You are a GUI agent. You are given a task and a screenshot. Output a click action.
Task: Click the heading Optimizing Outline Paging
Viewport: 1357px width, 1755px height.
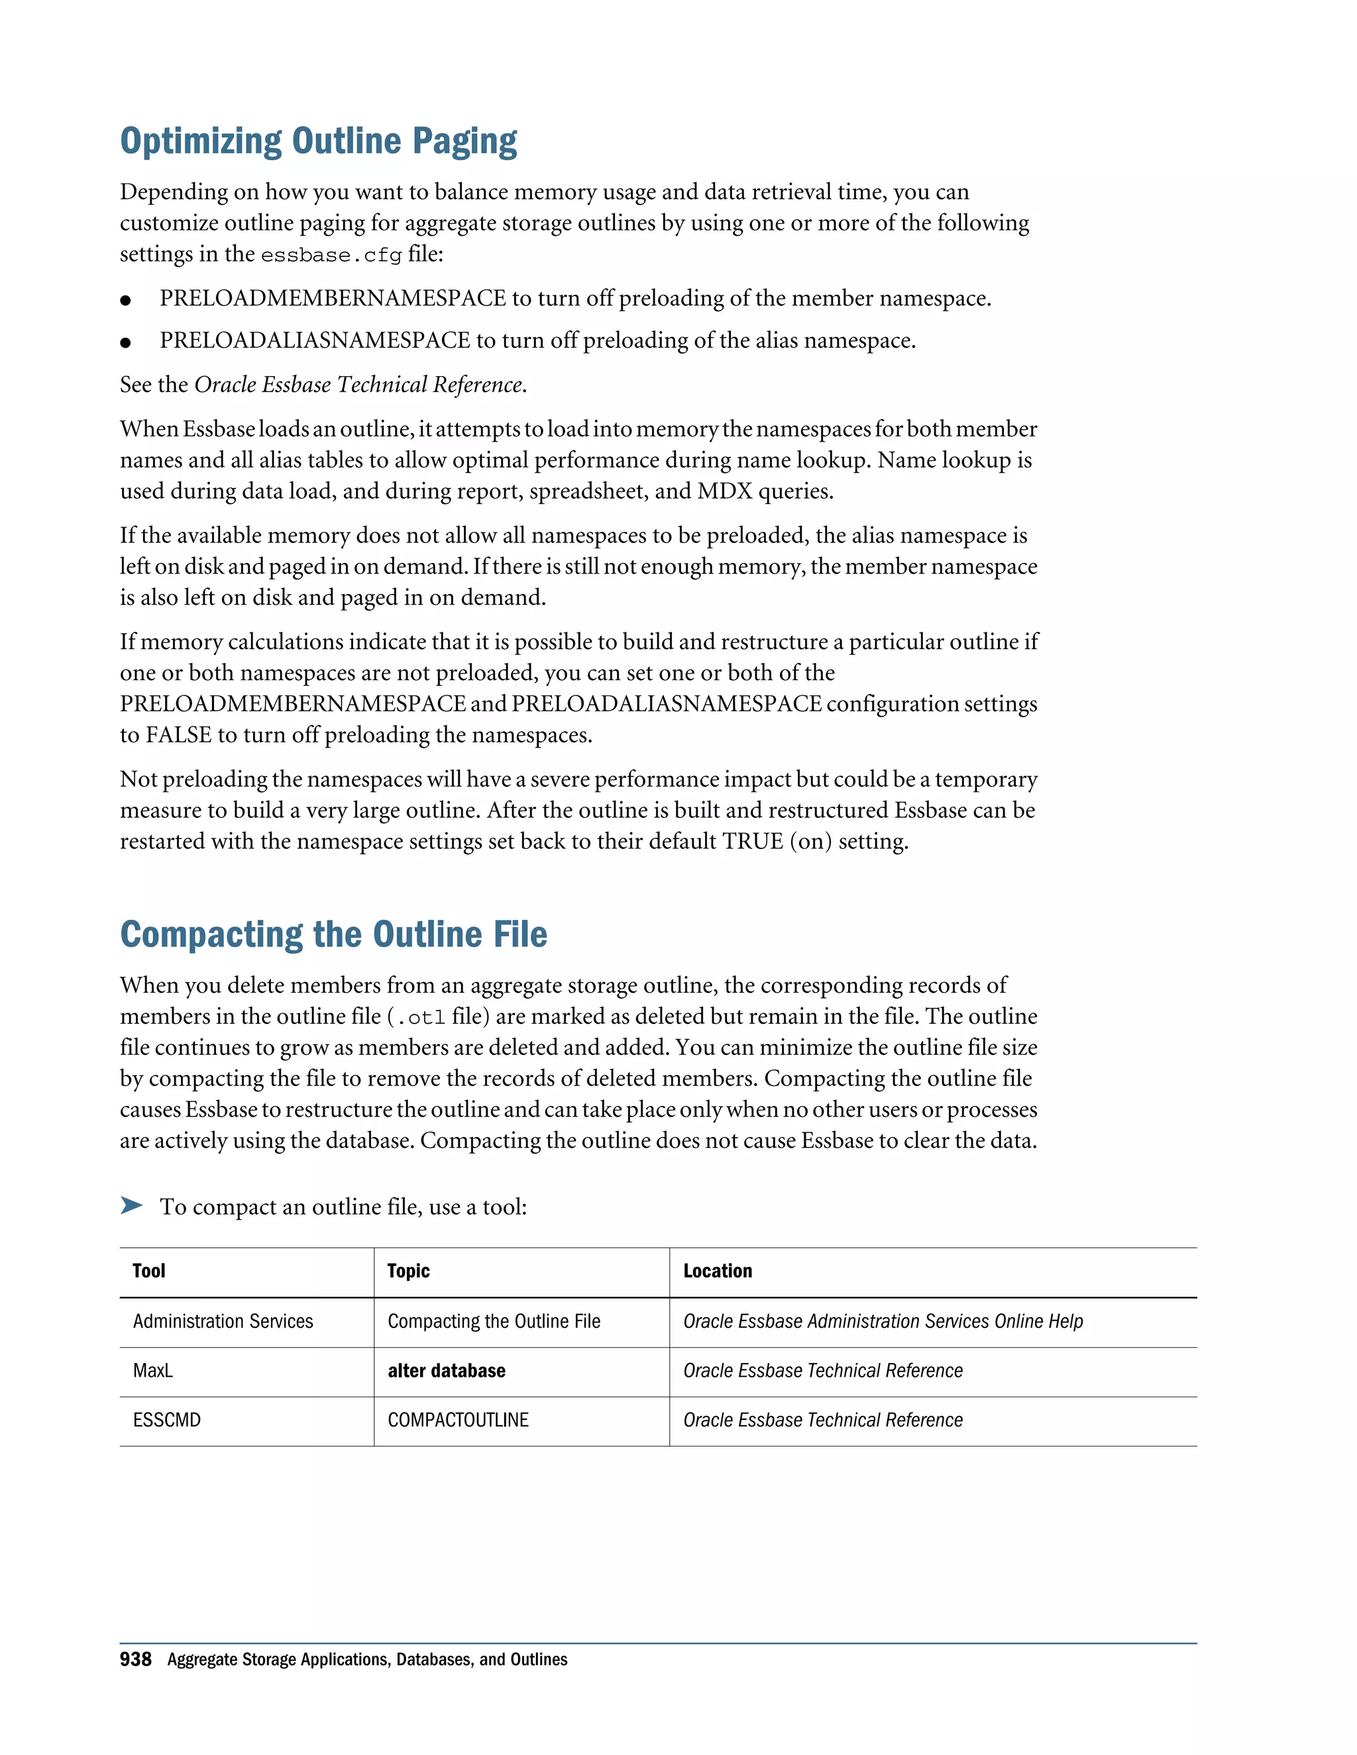(318, 142)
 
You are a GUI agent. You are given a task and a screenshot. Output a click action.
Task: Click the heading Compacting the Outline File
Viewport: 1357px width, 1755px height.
(334, 934)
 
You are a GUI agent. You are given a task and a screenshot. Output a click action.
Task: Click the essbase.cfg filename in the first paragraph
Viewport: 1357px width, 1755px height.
(331, 256)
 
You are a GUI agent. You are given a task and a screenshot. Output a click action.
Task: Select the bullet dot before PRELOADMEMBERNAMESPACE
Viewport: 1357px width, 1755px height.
(125, 301)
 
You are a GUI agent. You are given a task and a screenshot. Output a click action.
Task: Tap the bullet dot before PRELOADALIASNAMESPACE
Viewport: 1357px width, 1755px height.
(125, 342)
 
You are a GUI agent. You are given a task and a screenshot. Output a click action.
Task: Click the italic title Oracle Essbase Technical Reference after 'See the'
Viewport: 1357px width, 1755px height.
(358, 385)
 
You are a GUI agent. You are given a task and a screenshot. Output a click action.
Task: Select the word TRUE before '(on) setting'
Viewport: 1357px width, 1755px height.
(753, 841)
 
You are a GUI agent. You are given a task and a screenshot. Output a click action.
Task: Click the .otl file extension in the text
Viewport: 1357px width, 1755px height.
(416, 1018)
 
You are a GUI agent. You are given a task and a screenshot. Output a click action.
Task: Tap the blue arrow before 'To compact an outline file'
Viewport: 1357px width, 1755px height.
(131, 1205)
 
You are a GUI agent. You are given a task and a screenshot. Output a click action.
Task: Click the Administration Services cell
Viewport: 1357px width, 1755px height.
(223, 1322)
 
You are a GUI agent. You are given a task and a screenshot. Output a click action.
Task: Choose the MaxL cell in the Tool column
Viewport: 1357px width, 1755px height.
(153, 1371)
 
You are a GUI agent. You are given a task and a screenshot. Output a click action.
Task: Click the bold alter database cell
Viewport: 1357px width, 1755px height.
(446, 1371)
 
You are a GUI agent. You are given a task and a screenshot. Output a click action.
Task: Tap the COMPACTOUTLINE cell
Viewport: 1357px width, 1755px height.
(459, 1421)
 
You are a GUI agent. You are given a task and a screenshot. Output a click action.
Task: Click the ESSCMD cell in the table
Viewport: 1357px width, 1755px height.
(166, 1421)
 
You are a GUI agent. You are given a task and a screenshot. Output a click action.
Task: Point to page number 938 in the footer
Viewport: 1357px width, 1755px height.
(135, 1660)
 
